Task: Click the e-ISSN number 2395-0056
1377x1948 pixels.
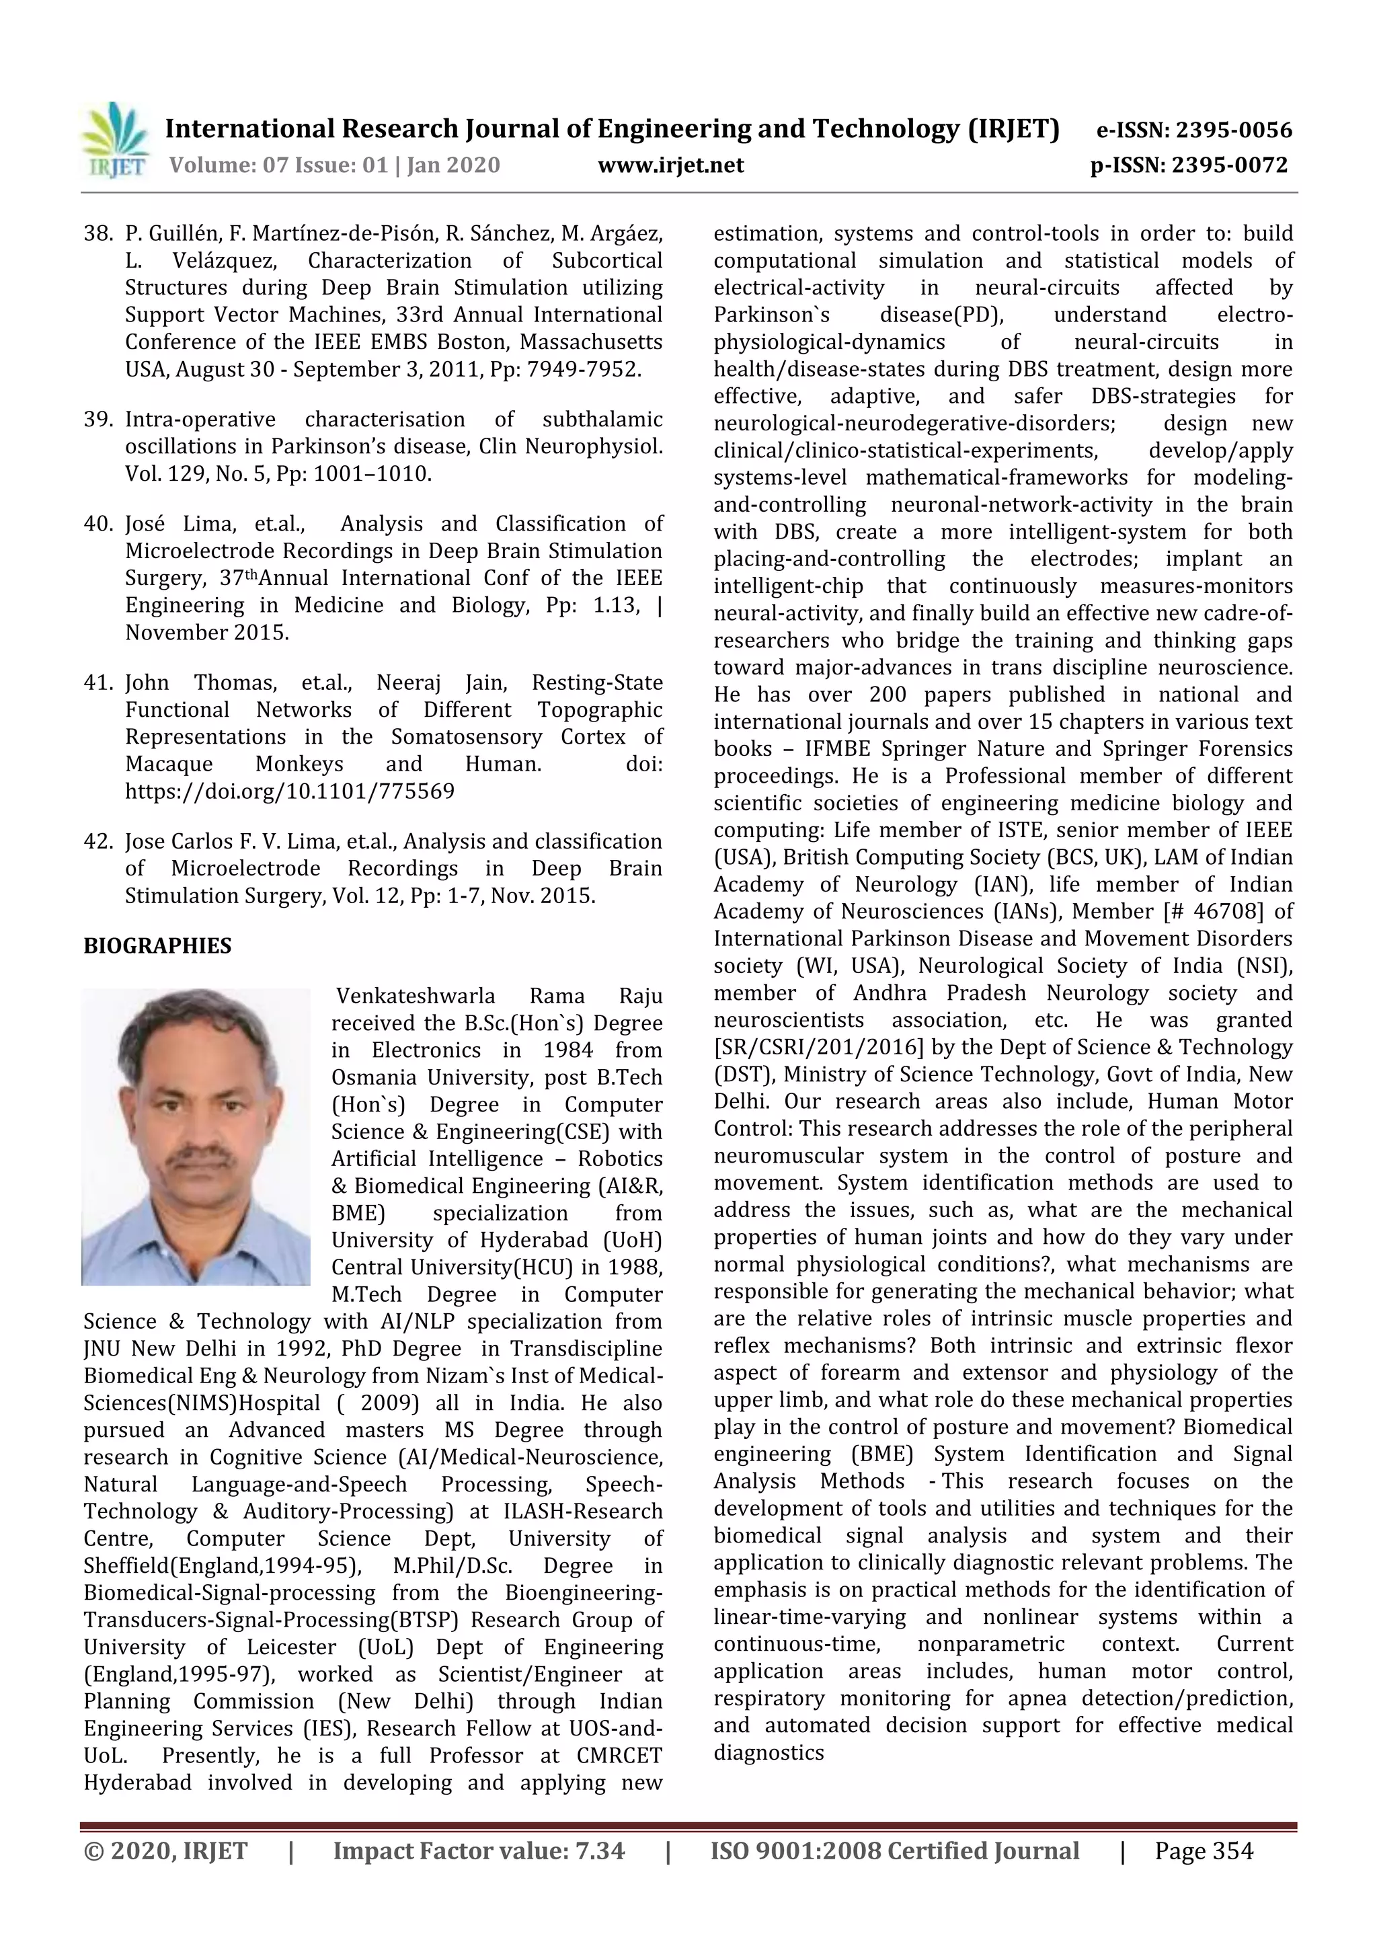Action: [1234, 130]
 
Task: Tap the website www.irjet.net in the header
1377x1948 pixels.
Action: [670, 165]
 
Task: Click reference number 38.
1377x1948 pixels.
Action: [97, 233]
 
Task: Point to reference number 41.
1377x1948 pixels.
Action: [97, 683]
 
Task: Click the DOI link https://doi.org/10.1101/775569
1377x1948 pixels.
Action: [289, 791]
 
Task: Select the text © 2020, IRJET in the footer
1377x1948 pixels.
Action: [165, 1851]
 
